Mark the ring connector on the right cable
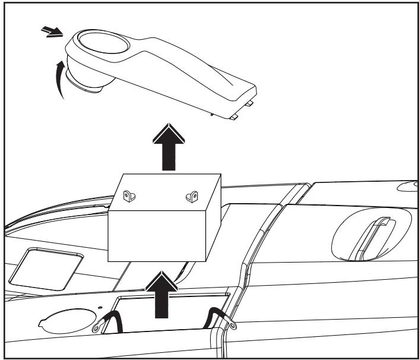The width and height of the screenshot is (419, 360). coord(229,308)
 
